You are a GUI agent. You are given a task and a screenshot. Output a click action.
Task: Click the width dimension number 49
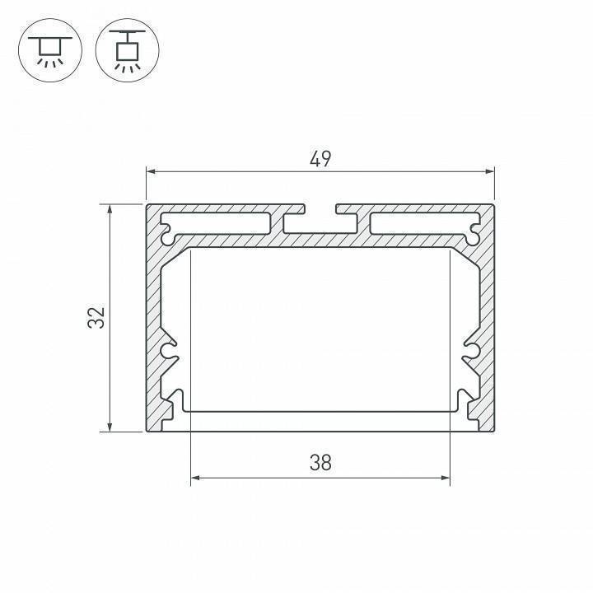click(x=320, y=158)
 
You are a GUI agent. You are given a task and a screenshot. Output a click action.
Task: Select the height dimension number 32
click(x=97, y=317)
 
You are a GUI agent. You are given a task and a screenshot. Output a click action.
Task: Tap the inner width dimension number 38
click(x=320, y=463)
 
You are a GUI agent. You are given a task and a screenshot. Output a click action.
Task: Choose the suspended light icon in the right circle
click(x=127, y=51)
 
